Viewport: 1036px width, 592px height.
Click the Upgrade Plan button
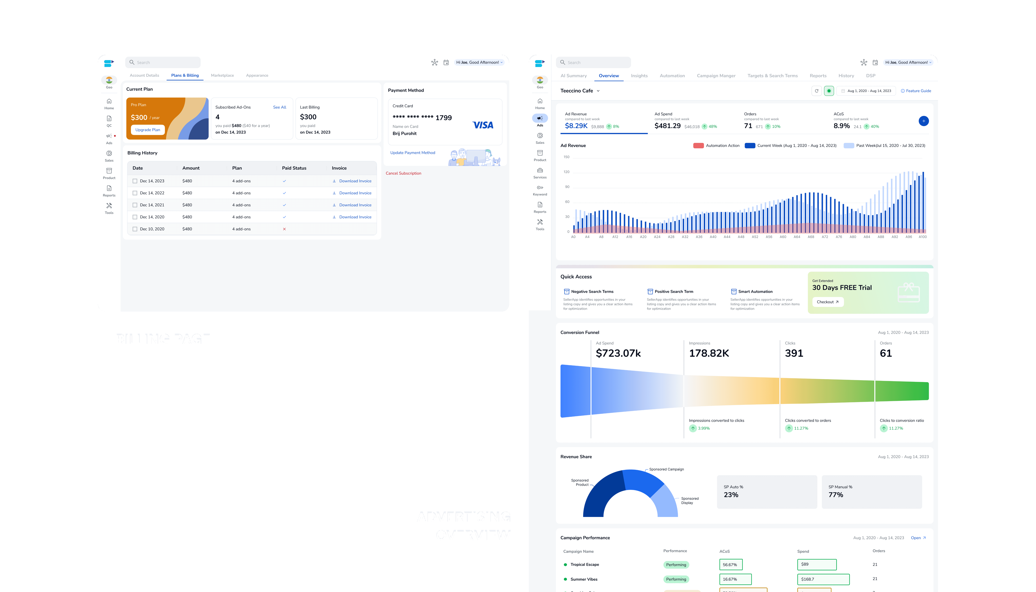click(x=148, y=130)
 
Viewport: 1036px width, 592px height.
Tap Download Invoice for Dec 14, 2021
click(x=355, y=205)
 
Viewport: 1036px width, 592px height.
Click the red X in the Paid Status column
click(x=284, y=229)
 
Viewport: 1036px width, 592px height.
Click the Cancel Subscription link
click(x=403, y=173)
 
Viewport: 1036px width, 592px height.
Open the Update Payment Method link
click(x=413, y=153)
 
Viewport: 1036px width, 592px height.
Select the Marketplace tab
click(x=222, y=75)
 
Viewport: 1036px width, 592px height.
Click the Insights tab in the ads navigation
click(x=639, y=76)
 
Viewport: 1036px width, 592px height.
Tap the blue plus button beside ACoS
click(x=923, y=121)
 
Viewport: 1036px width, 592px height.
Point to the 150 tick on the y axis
click(x=567, y=157)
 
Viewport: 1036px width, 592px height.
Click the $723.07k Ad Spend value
click(x=618, y=353)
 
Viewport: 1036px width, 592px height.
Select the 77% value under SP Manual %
click(x=836, y=495)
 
